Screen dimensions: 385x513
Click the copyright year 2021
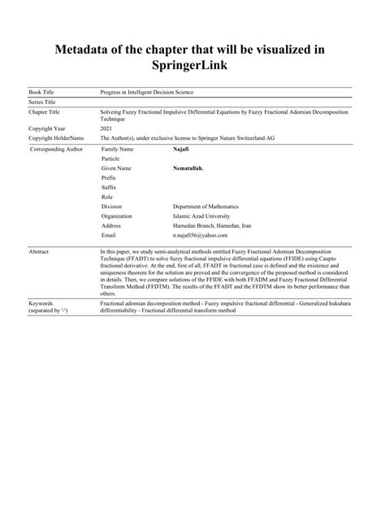click(106, 129)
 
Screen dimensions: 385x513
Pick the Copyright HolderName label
click(56, 138)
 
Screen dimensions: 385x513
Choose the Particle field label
click(110, 159)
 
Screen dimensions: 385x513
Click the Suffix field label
click(109, 187)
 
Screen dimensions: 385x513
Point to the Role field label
click(107, 197)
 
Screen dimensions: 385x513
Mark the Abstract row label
click(39, 253)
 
